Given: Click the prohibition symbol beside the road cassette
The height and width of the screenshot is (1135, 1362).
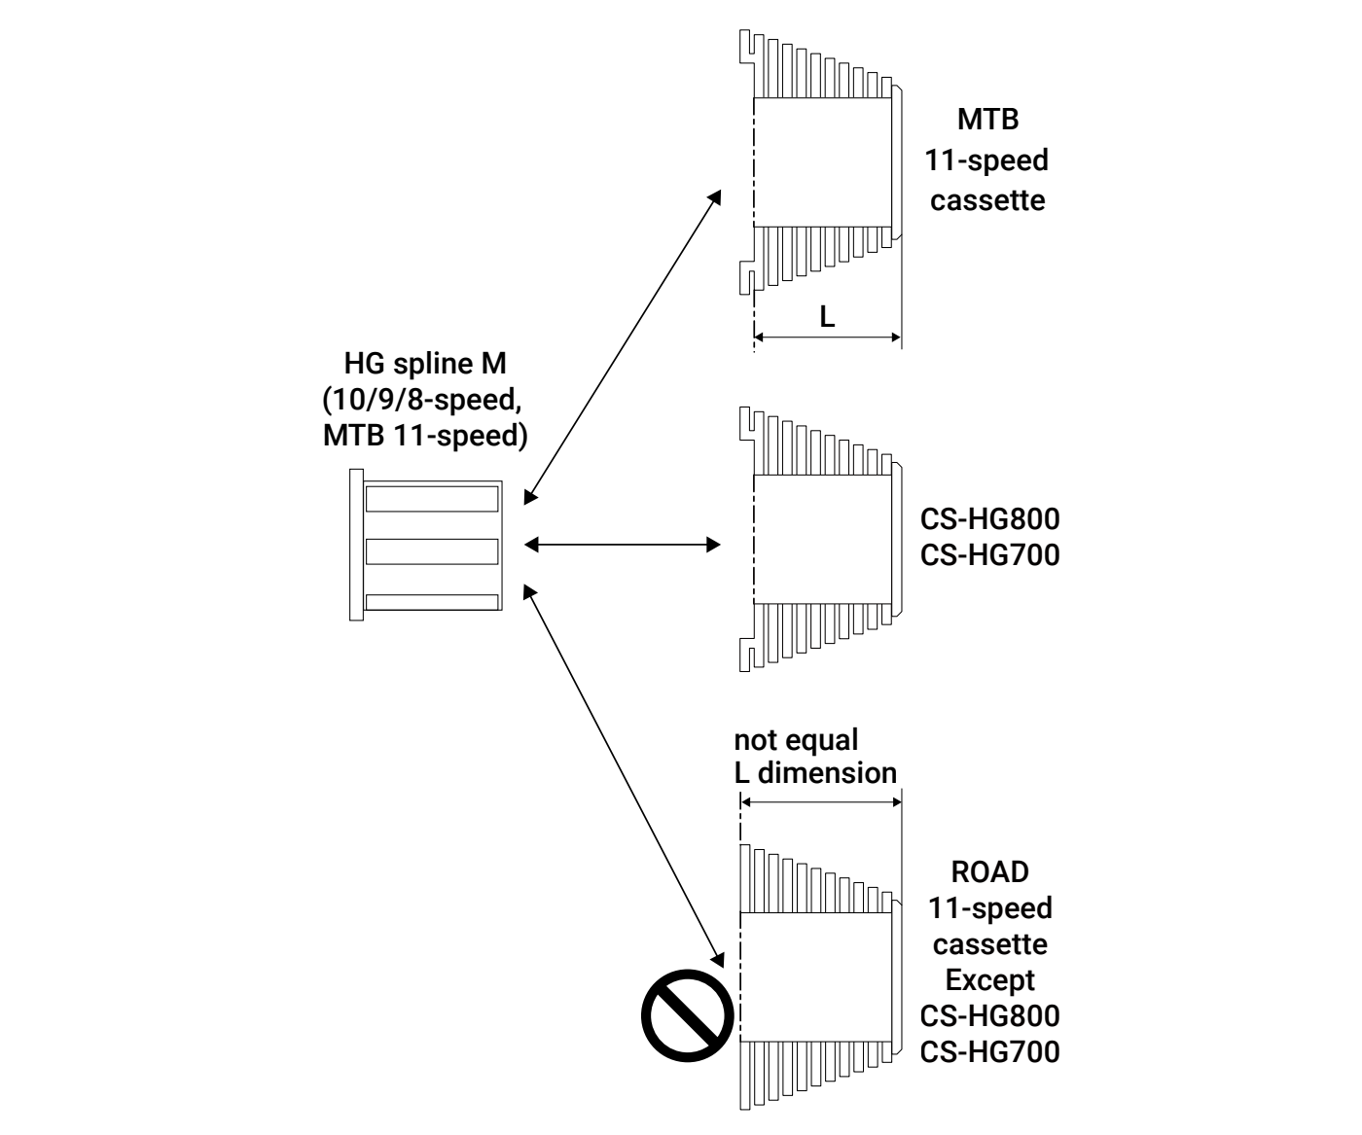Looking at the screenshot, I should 685,1014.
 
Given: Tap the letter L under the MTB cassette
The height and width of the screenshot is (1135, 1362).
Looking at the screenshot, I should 827,316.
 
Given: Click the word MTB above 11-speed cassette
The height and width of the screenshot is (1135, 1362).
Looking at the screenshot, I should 987,121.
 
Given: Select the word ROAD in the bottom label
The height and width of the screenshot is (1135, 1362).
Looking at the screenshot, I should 989,871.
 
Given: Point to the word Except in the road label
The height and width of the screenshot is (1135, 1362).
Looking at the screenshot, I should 989,979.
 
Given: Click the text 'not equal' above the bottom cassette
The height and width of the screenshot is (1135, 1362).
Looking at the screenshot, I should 796,740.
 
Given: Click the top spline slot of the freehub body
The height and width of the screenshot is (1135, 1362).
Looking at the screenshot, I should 432,500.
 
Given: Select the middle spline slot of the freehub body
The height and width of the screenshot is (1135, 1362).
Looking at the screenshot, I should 432,551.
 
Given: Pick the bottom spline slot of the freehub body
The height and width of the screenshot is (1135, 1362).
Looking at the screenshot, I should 432,602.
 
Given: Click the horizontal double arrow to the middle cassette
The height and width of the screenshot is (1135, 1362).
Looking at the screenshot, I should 623,545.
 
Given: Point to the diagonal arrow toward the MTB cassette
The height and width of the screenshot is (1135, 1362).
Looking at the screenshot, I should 623,346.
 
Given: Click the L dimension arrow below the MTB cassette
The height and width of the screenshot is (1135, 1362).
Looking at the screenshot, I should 827,337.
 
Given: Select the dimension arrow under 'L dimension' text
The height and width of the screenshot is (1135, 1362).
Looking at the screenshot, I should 820,802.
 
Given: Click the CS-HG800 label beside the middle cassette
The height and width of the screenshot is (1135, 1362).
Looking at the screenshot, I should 989,519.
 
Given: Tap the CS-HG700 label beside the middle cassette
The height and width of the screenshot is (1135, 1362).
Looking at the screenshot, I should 989,555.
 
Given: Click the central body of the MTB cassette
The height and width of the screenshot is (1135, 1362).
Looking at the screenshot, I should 822,162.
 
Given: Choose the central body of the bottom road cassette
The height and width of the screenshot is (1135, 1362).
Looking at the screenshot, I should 815,975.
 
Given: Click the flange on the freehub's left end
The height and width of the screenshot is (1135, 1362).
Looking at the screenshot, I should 355,545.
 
